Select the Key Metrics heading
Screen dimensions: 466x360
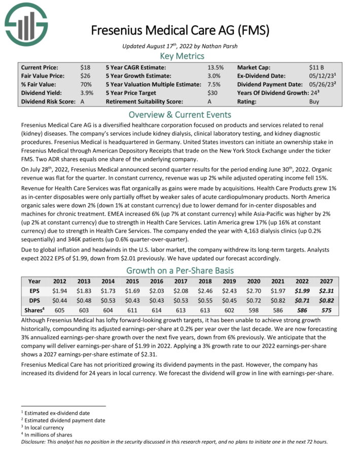(x=179, y=56)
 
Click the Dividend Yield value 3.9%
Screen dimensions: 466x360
(x=86, y=93)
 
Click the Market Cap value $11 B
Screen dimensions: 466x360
(x=317, y=67)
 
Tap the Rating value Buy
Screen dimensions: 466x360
(x=314, y=101)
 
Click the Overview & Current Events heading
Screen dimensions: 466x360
(x=179, y=114)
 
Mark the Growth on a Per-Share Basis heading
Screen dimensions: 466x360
(x=179, y=270)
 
